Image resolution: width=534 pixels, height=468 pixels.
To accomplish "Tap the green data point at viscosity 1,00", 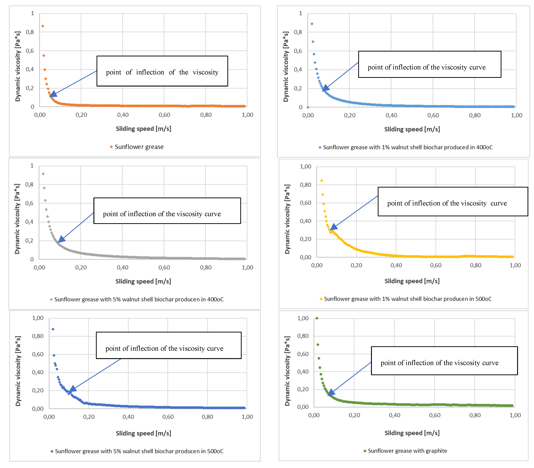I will click(317, 318).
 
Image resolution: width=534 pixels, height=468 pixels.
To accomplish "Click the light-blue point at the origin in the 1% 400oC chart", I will click(308, 107).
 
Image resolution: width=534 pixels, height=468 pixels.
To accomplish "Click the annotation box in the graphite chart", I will click(444, 361).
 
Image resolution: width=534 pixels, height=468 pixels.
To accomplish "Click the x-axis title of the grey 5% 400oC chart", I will click(143, 281).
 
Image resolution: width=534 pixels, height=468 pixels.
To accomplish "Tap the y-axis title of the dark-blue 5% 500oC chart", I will click(18, 371).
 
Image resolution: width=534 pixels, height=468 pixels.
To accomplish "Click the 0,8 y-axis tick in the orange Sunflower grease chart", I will click(30, 32).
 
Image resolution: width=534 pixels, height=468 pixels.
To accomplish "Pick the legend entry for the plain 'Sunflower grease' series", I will click(139, 147).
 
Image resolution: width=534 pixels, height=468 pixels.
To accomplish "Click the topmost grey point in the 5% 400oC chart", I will click(43, 174).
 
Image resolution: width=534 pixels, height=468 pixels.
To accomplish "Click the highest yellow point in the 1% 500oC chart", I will click(322, 180).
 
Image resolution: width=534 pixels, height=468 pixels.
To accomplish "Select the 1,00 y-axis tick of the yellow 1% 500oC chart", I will click(305, 166).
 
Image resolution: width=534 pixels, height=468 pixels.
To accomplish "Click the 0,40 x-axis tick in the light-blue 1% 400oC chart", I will click(391, 115).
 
